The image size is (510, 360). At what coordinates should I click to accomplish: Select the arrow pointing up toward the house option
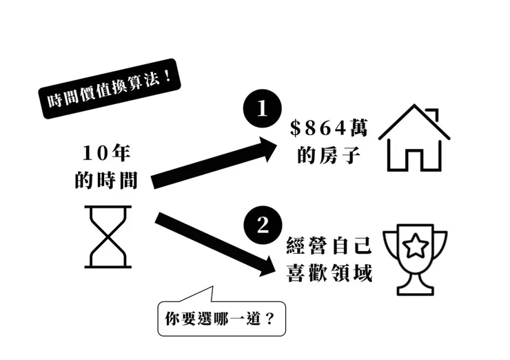(214, 163)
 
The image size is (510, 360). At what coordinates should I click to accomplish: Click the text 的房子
(329, 155)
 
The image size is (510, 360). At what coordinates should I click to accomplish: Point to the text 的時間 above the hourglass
(110, 181)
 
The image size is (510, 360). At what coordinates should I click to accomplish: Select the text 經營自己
(329, 245)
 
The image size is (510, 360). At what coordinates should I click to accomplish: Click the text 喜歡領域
(329, 274)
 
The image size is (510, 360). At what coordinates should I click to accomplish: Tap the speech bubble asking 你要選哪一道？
(221, 318)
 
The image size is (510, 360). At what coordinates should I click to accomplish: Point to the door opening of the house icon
(414, 159)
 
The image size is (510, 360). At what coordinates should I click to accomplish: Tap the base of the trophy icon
(416, 287)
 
